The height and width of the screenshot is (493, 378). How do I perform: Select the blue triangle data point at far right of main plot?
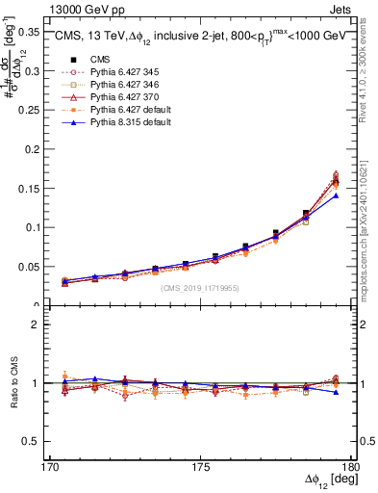coord(336,195)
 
